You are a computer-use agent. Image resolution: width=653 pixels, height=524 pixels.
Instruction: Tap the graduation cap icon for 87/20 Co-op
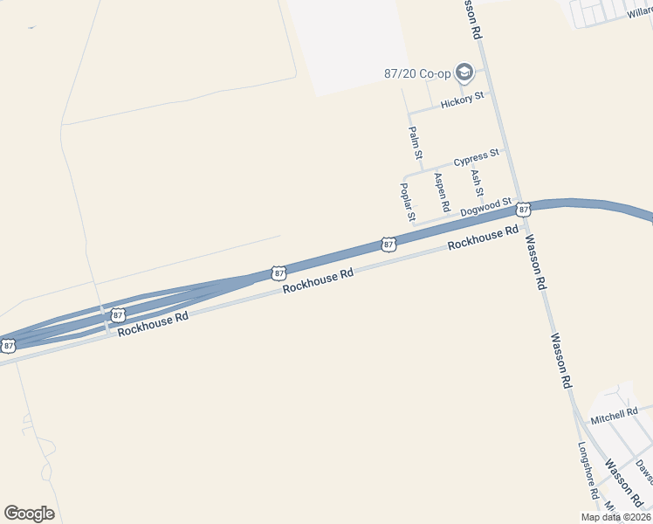(x=464, y=72)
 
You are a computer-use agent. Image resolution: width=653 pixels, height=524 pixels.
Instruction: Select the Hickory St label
(x=462, y=101)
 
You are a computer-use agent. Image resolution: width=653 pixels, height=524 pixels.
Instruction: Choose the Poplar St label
(x=406, y=201)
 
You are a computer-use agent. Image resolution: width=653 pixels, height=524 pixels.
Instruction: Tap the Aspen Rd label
(x=442, y=192)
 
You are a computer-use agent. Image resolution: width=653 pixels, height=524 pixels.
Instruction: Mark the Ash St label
(x=477, y=183)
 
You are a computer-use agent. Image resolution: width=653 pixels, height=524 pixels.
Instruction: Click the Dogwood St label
(x=485, y=206)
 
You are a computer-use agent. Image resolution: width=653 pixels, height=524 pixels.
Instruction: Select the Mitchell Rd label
(x=614, y=411)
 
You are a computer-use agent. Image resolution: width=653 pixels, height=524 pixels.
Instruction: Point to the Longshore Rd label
(x=588, y=469)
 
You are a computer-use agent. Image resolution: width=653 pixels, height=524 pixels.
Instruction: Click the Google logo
(x=29, y=514)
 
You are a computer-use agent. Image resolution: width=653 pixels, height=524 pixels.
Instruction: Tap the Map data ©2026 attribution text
(x=615, y=517)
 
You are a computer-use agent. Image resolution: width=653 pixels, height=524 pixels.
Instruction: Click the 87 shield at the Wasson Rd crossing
(x=522, y=210)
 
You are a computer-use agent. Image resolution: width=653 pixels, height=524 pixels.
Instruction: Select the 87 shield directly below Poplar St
(x=388, y=245)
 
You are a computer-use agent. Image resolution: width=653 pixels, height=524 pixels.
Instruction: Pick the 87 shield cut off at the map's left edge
(x=8, y=346)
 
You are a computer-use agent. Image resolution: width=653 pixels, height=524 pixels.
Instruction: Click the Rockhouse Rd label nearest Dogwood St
(x=476, y=239)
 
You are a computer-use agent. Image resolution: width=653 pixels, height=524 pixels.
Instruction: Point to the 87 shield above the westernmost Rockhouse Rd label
(x=117, y=313)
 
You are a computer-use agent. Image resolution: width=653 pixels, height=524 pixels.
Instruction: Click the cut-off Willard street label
(x=640, y=13)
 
